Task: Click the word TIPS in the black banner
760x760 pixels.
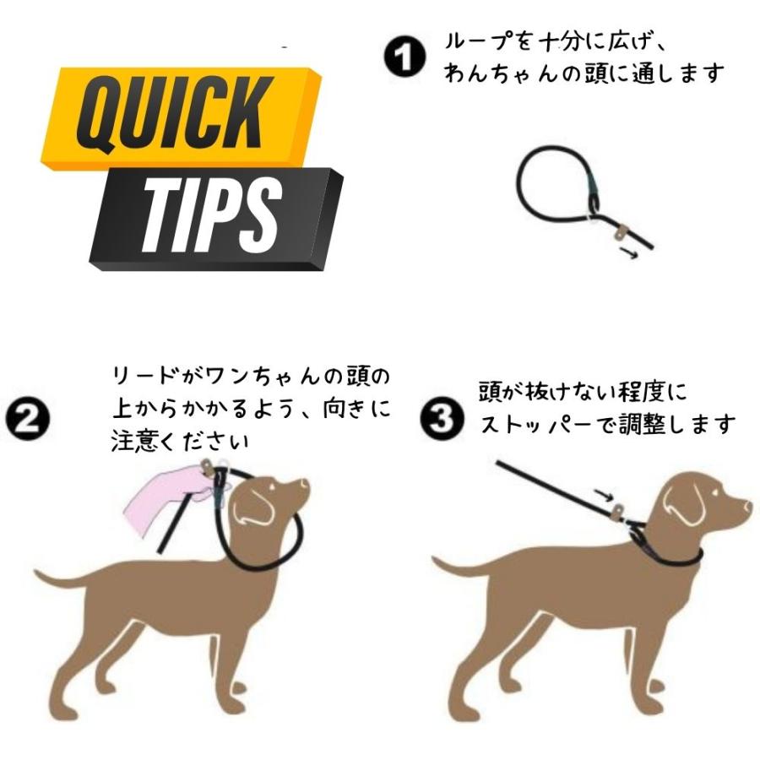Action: tap(210, 217)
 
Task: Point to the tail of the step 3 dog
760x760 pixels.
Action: tap(456, 567)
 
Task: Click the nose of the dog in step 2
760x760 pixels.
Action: tap(305, 484)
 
